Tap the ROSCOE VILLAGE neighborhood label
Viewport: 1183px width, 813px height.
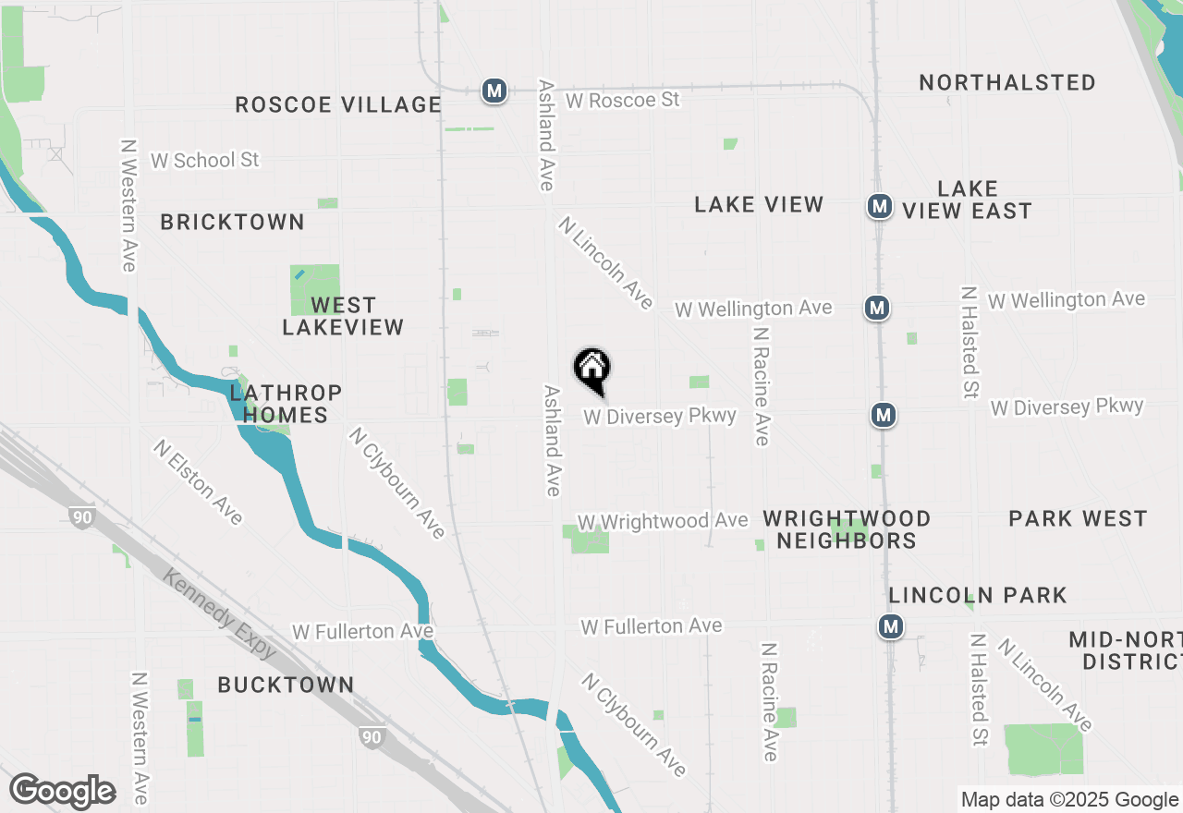(x=338, y=104)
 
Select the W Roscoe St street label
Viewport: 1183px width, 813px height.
(x=622, y=99)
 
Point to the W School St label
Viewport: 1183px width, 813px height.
(x=204, y=160)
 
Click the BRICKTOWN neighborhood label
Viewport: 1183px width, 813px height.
(x=232, y=222)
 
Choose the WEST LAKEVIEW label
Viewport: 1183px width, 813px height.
(x=343, y=316)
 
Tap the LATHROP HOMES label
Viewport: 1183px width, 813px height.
(x=286, y=405)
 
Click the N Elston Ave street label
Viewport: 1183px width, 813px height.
(x=199, y=481)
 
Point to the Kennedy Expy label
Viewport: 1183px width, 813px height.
(x=219, y=613)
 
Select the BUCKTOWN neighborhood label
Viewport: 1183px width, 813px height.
(x=286, y=685)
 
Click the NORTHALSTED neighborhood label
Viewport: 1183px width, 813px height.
(x=1007, y=82)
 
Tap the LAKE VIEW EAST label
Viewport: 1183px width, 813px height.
(x=967, y=200)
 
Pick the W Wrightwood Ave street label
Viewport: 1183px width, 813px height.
(x=662, y=522)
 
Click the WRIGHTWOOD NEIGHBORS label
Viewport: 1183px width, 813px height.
(x=847, y=529)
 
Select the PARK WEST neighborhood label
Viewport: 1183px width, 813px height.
(x=1078, y=518)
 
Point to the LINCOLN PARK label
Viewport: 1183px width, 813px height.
(x=978, y=595)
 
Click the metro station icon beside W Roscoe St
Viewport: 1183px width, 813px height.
(x=494, y=91)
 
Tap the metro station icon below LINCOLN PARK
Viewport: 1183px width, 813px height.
(x=890, y=627)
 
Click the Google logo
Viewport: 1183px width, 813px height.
(x=63, y=791)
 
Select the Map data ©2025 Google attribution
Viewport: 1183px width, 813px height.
(x=1069, y=800)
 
